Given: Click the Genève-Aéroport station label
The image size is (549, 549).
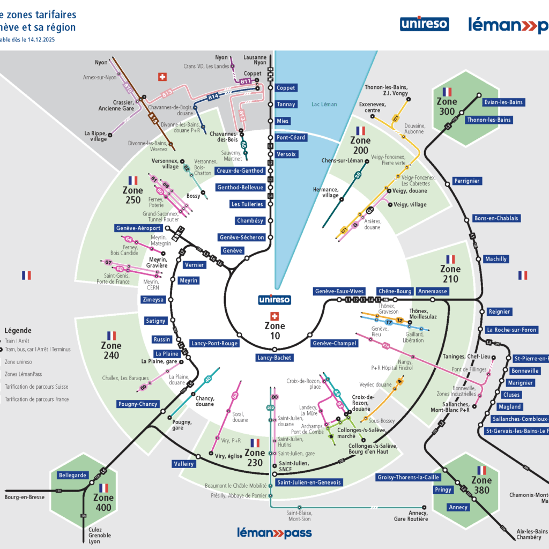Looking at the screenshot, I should click(x=138, y=228).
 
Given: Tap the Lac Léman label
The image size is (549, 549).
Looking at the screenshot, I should click(x=324, y=104).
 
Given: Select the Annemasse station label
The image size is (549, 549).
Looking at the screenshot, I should click(x=432, y=291).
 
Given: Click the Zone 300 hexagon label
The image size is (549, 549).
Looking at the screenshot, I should click(x=447, y=106).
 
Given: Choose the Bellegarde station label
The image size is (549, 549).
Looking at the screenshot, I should click(x=72, y=475).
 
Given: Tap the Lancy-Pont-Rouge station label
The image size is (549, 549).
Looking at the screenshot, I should click(x=214, y=343).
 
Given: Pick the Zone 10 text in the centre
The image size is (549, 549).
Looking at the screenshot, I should click(x=275, y=330).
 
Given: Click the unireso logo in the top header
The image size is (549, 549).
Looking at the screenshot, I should click(x=424, y=24).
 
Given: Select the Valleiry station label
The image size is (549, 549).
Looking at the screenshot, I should click(x=183, y=464).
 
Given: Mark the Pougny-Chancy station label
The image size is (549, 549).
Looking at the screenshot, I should click(x=137, y=404).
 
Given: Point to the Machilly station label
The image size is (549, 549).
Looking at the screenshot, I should click(x=496, y=259).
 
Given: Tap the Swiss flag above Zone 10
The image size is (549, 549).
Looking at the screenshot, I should click(x=275, y=316).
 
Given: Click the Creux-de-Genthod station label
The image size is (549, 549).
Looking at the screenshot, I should click(x=240, y=170).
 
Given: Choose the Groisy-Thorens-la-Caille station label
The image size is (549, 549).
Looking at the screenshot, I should click(x=409, y=477).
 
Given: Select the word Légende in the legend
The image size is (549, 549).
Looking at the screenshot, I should click(x=18, y=331).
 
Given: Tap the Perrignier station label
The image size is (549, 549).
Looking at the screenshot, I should click(x=466, y=181).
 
